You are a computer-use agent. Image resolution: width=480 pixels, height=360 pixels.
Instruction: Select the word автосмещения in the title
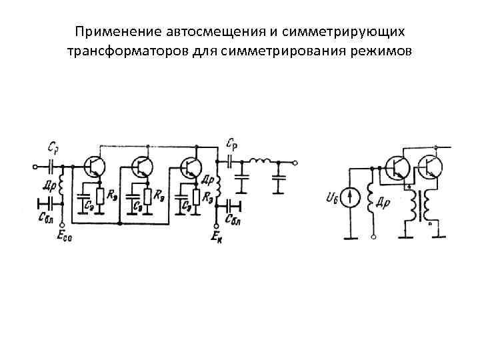click(x=193, y=32)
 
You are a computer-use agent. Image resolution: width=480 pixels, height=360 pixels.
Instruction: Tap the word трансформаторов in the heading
click(x=119, y=51)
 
